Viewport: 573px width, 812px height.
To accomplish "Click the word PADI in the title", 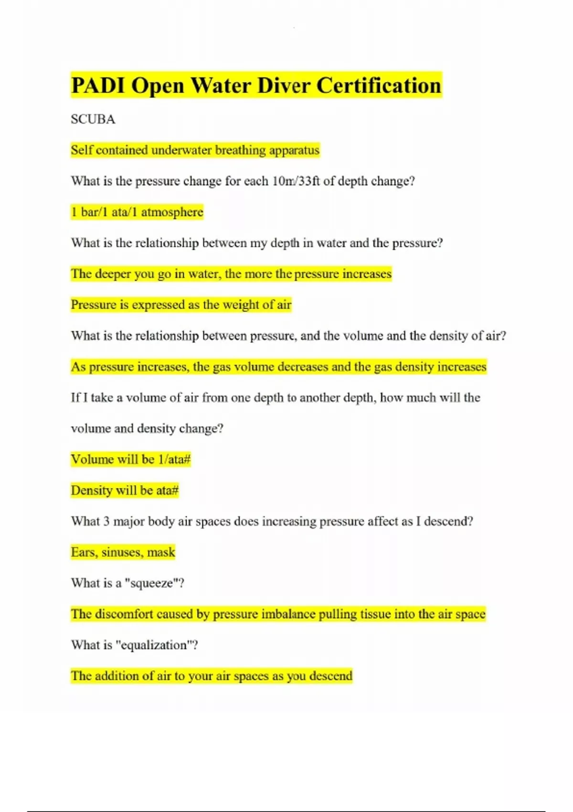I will pos(98,86).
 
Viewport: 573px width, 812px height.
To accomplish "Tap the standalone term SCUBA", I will pos(93,119).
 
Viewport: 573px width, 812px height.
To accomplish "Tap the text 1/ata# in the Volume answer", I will pos(174,459).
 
